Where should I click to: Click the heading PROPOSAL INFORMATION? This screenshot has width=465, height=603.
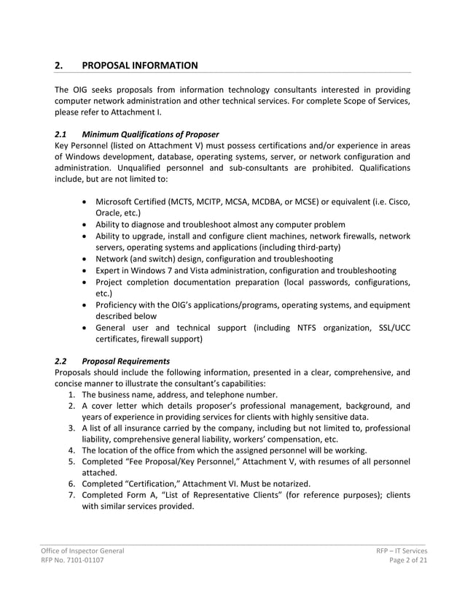click(139, 66)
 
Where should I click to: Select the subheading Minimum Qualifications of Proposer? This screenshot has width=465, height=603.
click(151, 134)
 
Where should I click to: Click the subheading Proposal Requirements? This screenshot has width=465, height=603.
click(126, 361)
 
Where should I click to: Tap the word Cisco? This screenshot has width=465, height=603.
click(396, 201)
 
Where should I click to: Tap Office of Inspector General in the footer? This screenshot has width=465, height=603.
click(82, 550)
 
